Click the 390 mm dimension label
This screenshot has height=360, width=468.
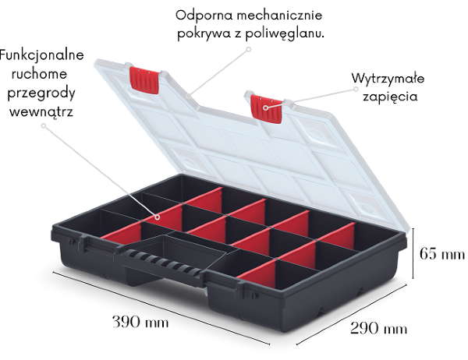pyautogui.click(x=140, y=321)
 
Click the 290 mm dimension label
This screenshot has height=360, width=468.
pyautogui.click(x=378, y=329)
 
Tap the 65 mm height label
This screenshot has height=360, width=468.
pyautogui.click(x=441, y=253)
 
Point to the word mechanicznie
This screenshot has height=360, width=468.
pyautogui.click(x=278, y=15)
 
